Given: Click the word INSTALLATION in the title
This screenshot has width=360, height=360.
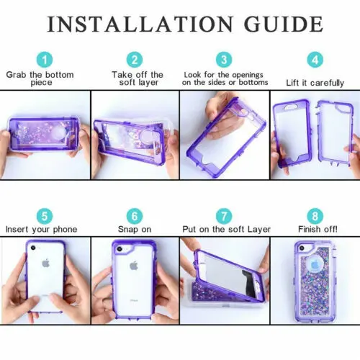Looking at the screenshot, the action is [140, 24].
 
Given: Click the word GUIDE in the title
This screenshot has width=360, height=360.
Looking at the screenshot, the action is [284, 24].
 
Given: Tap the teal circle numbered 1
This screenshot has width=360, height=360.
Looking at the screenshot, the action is [45, 60].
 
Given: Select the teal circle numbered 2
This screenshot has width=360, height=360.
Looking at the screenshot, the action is [135, 60].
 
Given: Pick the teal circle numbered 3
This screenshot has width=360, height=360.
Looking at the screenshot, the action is [224, 60].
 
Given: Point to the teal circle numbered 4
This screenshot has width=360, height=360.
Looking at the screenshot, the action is [315, 60].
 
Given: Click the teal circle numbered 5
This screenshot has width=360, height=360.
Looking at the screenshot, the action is [45, 216].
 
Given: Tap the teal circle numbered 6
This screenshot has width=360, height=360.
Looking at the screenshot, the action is [135, 216].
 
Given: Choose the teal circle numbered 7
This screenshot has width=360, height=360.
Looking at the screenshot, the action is [224, 216].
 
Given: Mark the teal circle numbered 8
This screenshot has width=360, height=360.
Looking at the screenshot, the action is [315, 216].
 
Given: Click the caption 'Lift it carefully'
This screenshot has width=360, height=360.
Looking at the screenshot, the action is [315, 83].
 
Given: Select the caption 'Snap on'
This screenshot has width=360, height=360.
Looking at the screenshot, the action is [135, 230].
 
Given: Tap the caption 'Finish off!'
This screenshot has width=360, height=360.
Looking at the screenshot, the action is [318, 229].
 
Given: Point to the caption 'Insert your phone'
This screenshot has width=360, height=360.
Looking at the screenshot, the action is [42, 230].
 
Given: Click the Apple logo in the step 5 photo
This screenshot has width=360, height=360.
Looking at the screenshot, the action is [46, 264].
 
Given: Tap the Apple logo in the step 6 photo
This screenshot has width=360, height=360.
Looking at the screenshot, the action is [133, 266].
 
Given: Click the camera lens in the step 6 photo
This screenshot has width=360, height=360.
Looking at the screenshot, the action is [120, 250].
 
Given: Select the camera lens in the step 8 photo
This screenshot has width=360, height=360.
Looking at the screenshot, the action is [302, 248].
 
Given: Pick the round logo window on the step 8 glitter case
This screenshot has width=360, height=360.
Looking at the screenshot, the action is [315, 265].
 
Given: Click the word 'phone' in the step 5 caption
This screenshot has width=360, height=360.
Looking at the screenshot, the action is [65, 230].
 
